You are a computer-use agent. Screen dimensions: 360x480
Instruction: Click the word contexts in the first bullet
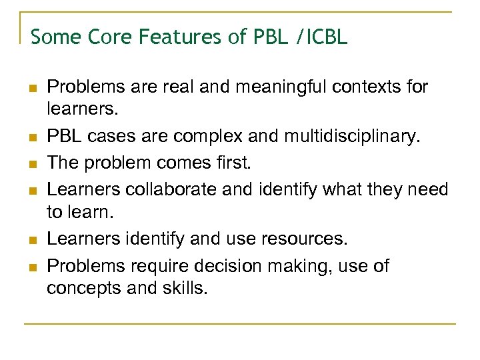[x=360, y=87]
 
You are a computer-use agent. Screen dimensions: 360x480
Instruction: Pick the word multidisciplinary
[x=354, y=137]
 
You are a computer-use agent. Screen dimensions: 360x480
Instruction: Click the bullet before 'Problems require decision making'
[x=32, y=266]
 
